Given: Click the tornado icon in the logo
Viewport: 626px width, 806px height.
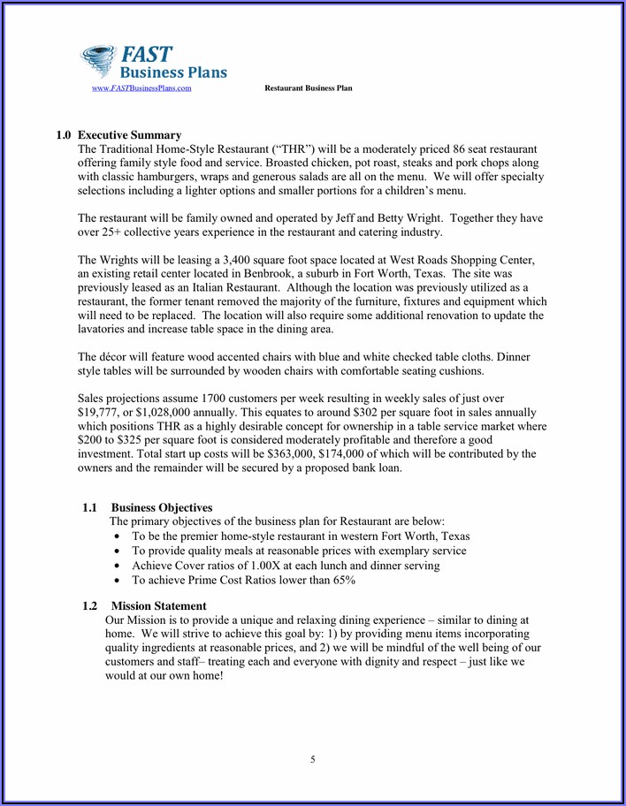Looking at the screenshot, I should click(100, 62).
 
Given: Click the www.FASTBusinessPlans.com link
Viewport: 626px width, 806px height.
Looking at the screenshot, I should click(141, 88).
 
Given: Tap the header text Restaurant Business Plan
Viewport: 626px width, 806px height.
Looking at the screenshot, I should click(309, 88).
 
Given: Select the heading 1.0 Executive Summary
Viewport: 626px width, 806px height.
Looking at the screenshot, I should click(118, 135).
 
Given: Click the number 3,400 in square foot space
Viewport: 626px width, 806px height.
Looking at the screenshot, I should click(240, 260).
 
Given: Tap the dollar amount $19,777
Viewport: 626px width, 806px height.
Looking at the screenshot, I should click(99, 413).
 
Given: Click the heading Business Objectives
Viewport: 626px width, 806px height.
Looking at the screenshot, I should click(162, 508).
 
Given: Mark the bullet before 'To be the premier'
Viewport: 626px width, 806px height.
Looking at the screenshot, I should click(118, 537).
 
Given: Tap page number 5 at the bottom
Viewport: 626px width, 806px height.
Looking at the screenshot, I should click(312, 759).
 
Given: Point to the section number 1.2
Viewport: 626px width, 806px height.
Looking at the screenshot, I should click(89, 606).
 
